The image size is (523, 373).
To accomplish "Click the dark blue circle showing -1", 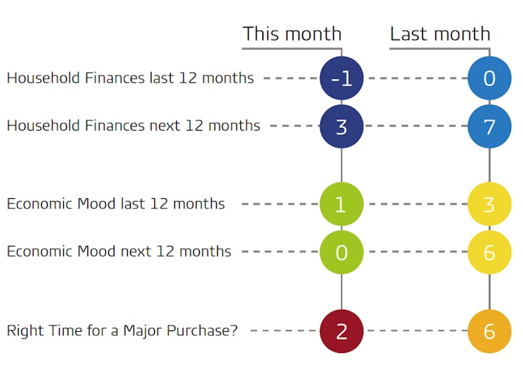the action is coord(342,78).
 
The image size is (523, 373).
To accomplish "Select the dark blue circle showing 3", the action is coord(342,126).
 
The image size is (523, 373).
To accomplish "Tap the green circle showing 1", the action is coord(342,204).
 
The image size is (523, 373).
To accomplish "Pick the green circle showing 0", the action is coord(342,252).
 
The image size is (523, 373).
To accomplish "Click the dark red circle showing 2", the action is coord(342,331).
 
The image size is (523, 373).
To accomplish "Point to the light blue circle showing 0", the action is coord(490,78).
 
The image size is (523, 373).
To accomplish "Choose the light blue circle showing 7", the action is coord(490,126).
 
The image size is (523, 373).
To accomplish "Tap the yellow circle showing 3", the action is coord(490,204).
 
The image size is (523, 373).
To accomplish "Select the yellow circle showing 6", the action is coord(490,252).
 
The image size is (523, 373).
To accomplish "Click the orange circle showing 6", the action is coord(490,331).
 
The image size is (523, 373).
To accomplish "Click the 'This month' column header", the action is coord(292,33).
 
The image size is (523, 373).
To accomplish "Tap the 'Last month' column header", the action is coord(440,33).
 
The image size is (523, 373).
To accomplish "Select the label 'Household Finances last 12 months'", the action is coord(131,77).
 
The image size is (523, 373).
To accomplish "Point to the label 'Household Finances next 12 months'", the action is coord(134,126).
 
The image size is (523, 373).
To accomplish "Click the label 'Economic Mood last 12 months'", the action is coord(116,203).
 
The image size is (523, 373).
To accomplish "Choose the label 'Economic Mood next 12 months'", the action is coord(119,252).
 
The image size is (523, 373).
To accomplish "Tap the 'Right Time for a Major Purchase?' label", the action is coord(122,330).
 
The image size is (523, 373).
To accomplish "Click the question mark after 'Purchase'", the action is coord(234,330).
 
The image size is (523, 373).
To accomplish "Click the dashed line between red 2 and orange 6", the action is coord(417,330).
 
